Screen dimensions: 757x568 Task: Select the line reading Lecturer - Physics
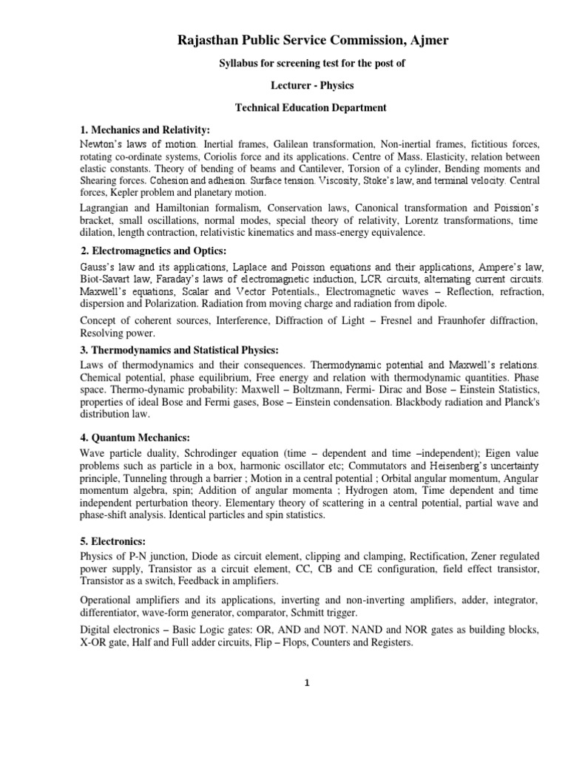310,86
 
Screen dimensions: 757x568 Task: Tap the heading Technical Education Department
311,108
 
